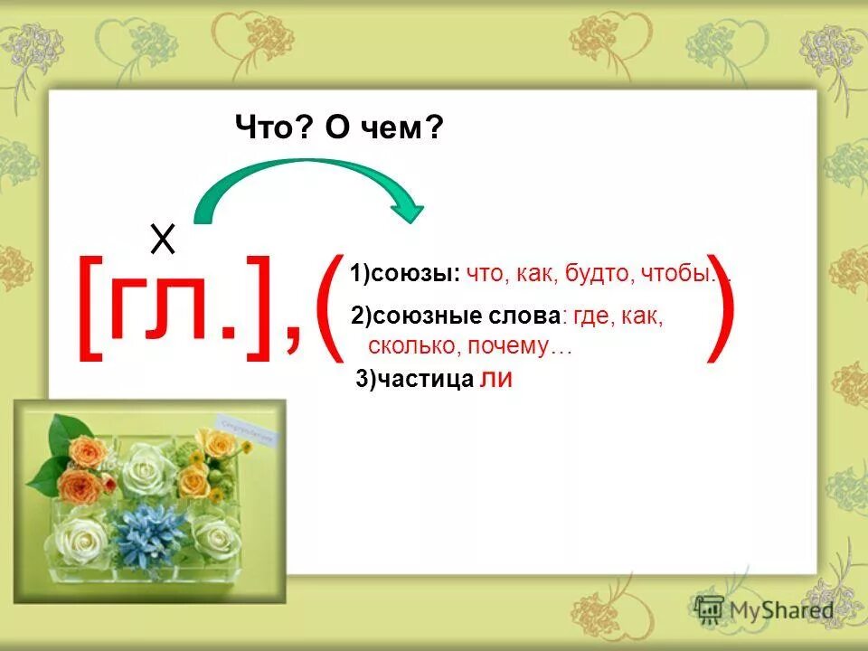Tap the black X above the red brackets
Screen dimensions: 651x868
[163, 241]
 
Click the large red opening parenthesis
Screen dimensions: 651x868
[329, 307]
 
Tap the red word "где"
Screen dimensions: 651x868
[591, 316]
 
